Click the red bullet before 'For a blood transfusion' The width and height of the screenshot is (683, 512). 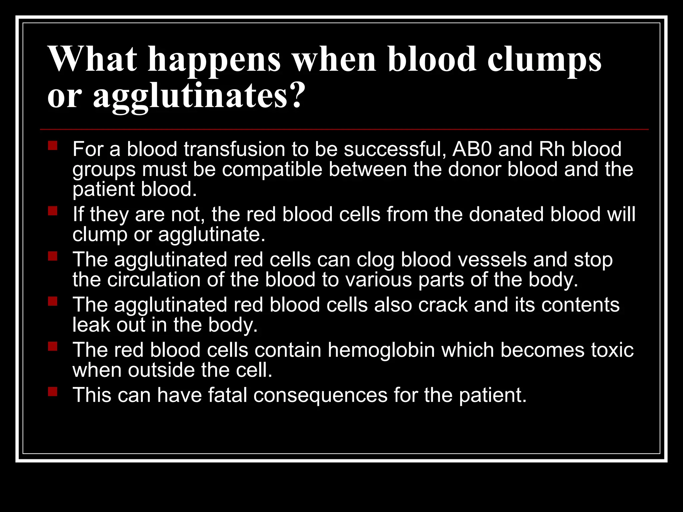pyautogui.click(x=53, y=146)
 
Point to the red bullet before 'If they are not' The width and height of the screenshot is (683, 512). pyautogui.click(x=53, y=211)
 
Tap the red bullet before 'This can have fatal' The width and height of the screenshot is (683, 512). pyautogui.click(x=53, y=391)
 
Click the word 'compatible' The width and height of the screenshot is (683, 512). pyautogui.click(x=272, y=169)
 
